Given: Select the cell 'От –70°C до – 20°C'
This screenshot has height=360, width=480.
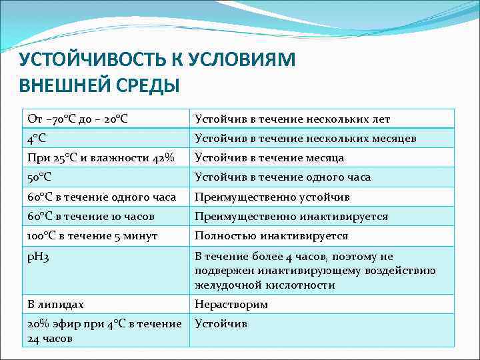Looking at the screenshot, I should tap(78, 119).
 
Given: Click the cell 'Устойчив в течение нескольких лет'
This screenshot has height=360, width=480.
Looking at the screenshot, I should tap(292, 119).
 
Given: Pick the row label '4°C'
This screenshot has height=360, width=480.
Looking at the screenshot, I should tap(37, 138).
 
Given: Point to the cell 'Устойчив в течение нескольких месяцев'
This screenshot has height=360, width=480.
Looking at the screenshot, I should tap(305, 138).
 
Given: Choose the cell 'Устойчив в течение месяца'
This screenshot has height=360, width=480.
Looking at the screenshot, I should tap(269, 158).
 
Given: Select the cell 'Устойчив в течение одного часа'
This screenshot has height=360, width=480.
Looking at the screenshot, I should tap(283, 177).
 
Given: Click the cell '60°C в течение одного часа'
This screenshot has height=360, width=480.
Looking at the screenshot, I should tap(101, 197).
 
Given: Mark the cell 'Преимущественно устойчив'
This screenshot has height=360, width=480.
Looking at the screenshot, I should tap(272, 197).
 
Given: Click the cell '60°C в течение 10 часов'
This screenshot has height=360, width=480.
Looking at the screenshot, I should tap(91, 216).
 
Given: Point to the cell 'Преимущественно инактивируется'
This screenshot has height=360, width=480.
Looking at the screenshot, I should tap(291, 216).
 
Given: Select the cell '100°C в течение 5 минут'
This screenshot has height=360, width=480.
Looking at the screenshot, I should tap(92, 236).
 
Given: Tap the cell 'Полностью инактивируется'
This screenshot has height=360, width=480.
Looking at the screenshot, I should tap(271, 236).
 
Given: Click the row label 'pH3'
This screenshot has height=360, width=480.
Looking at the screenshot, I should tap(38, 257).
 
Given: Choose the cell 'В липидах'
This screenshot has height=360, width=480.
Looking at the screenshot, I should tap(55, 304).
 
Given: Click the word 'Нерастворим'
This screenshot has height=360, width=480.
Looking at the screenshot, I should tap(231, 304).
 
